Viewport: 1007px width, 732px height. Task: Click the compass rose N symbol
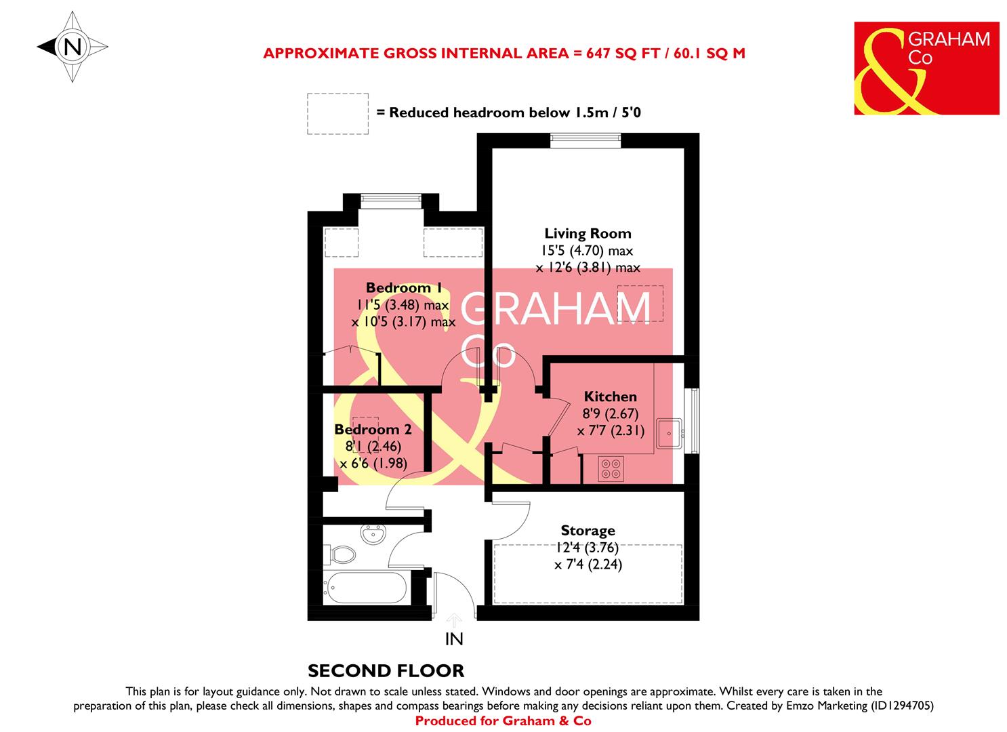(73, 47)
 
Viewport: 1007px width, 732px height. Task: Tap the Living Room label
(588, 234)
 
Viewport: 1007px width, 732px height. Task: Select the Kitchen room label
(610, 396)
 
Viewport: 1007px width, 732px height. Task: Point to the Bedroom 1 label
(398, 288)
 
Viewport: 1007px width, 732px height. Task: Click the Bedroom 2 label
(373, 430)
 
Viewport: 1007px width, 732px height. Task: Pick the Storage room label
(588, 531)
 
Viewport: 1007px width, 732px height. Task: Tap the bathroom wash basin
(373, 535)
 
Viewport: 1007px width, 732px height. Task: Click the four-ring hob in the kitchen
(611, 468)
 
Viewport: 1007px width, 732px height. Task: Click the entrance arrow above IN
(454, 619)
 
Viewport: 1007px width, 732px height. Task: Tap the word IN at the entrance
(454, 638)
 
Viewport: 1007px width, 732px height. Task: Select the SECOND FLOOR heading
(386, 671)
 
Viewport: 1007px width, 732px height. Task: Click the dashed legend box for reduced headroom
(337, 113)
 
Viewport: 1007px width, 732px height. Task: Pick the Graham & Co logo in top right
(926, 68)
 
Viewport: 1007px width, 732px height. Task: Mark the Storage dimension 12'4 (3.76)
(588, 548)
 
